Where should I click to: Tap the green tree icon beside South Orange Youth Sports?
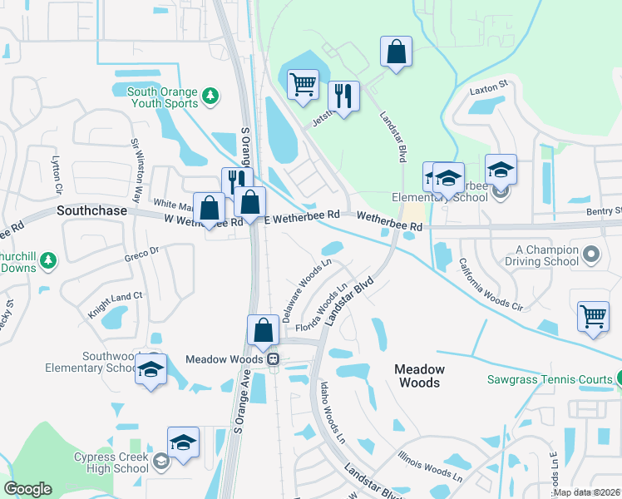(211, 96)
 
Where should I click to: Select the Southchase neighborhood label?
(91, 211)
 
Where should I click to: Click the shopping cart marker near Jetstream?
(303, 84)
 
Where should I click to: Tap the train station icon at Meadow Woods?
(272, 358)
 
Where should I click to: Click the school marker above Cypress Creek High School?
(183, 442)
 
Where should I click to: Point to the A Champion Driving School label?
(546, 255)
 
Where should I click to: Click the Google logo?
(27, 489)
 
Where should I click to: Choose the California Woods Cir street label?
(491, 284)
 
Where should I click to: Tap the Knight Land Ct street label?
(116, 305)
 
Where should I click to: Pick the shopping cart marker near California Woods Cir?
(593, 317)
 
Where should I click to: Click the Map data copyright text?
(587, 492)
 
